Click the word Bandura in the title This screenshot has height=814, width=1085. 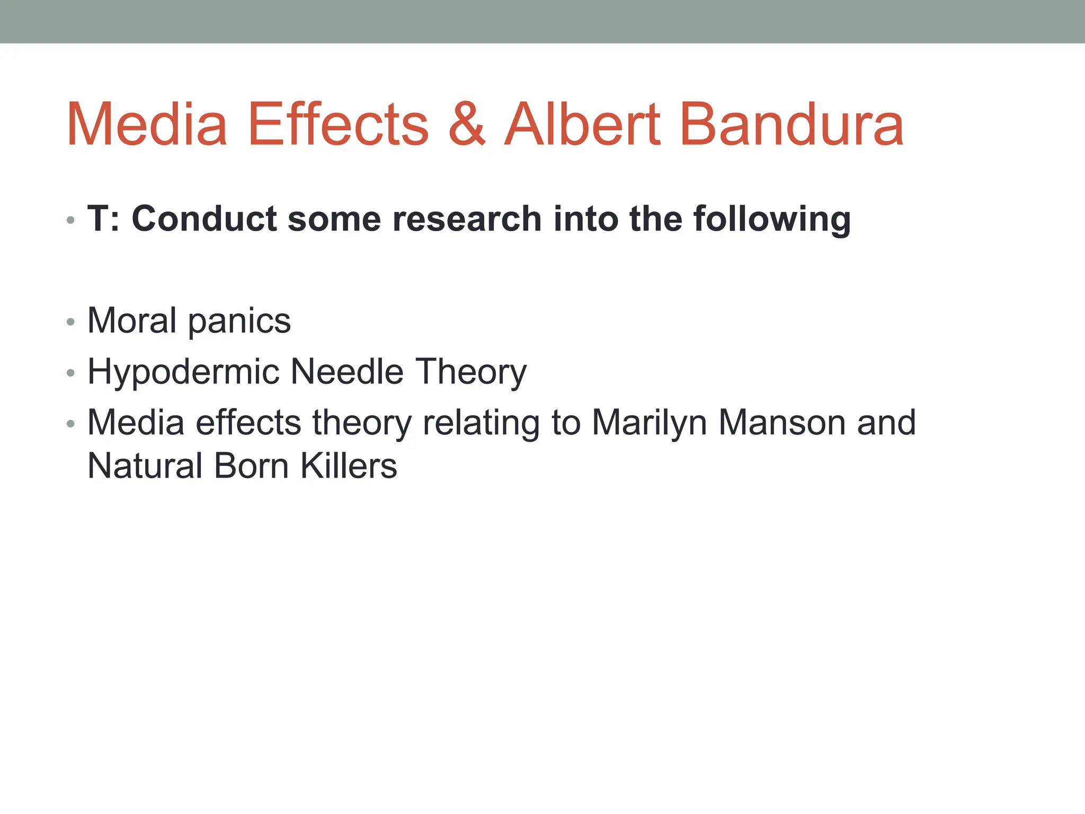point(791,125)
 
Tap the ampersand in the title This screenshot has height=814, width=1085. point(466,125)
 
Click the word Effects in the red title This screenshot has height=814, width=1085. point(338,125)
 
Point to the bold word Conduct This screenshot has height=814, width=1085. point(204,218)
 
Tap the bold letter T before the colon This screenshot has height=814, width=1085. point(98,218)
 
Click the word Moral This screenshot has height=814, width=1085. point(132,321)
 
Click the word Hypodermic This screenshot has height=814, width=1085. point(183,372)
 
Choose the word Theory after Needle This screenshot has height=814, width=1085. point(471,372)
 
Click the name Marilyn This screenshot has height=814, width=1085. point(649,423)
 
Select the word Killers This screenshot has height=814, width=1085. point(349,466)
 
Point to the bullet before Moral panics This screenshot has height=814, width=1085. point(71,322)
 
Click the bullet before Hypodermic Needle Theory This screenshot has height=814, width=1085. point(71,373)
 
